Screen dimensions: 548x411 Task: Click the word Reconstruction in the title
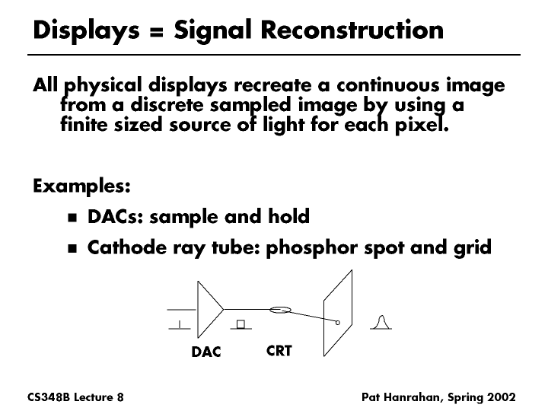click(352, 30)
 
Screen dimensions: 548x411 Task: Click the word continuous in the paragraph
click(388, 85)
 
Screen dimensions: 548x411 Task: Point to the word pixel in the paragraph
click(422, 125)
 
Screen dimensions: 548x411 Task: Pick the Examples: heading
click(81, 186)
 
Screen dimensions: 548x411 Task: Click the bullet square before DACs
click(72, 218)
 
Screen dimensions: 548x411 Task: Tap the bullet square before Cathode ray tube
click(72, 248)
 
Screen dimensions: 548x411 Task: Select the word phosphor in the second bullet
click(312, 248)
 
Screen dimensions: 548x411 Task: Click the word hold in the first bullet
click(288, 216)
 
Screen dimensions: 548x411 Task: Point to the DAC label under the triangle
click(206, 352)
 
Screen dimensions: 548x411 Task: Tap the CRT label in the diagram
click(279, 351)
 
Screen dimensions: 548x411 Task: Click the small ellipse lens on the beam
click(280, 310)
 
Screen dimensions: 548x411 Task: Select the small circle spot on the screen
click(338, 323)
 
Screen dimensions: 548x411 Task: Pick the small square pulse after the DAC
click(241, 324)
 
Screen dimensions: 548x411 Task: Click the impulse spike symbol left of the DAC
click(180, 325)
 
